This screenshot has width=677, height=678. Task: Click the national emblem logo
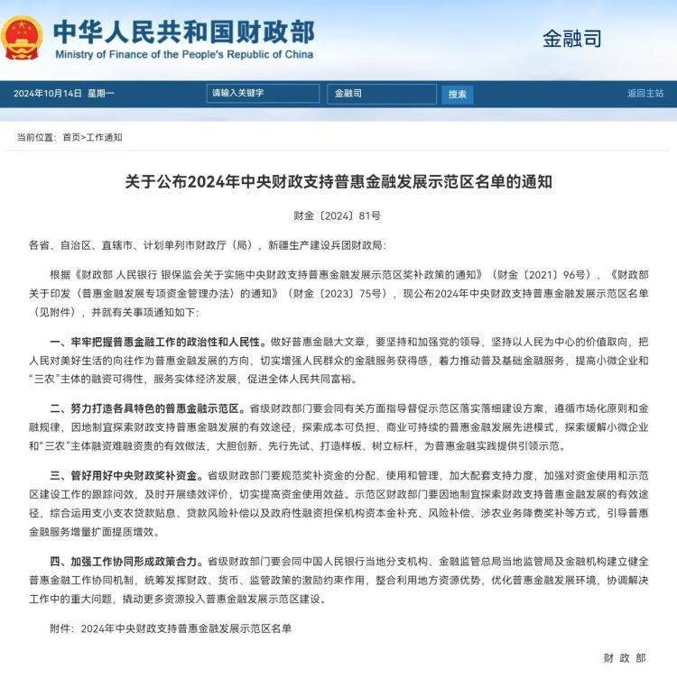(x=23, y=37)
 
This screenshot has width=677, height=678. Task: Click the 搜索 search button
(x=457, y=94)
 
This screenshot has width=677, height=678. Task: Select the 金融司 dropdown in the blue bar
(x=380, y=94)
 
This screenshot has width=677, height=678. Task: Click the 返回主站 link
(x=645, y=94)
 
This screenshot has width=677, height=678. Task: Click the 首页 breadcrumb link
(x=71, y=138)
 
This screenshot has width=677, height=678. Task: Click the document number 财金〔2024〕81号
(x=338, y=216)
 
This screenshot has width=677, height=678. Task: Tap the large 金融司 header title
(x=571, y=39)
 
